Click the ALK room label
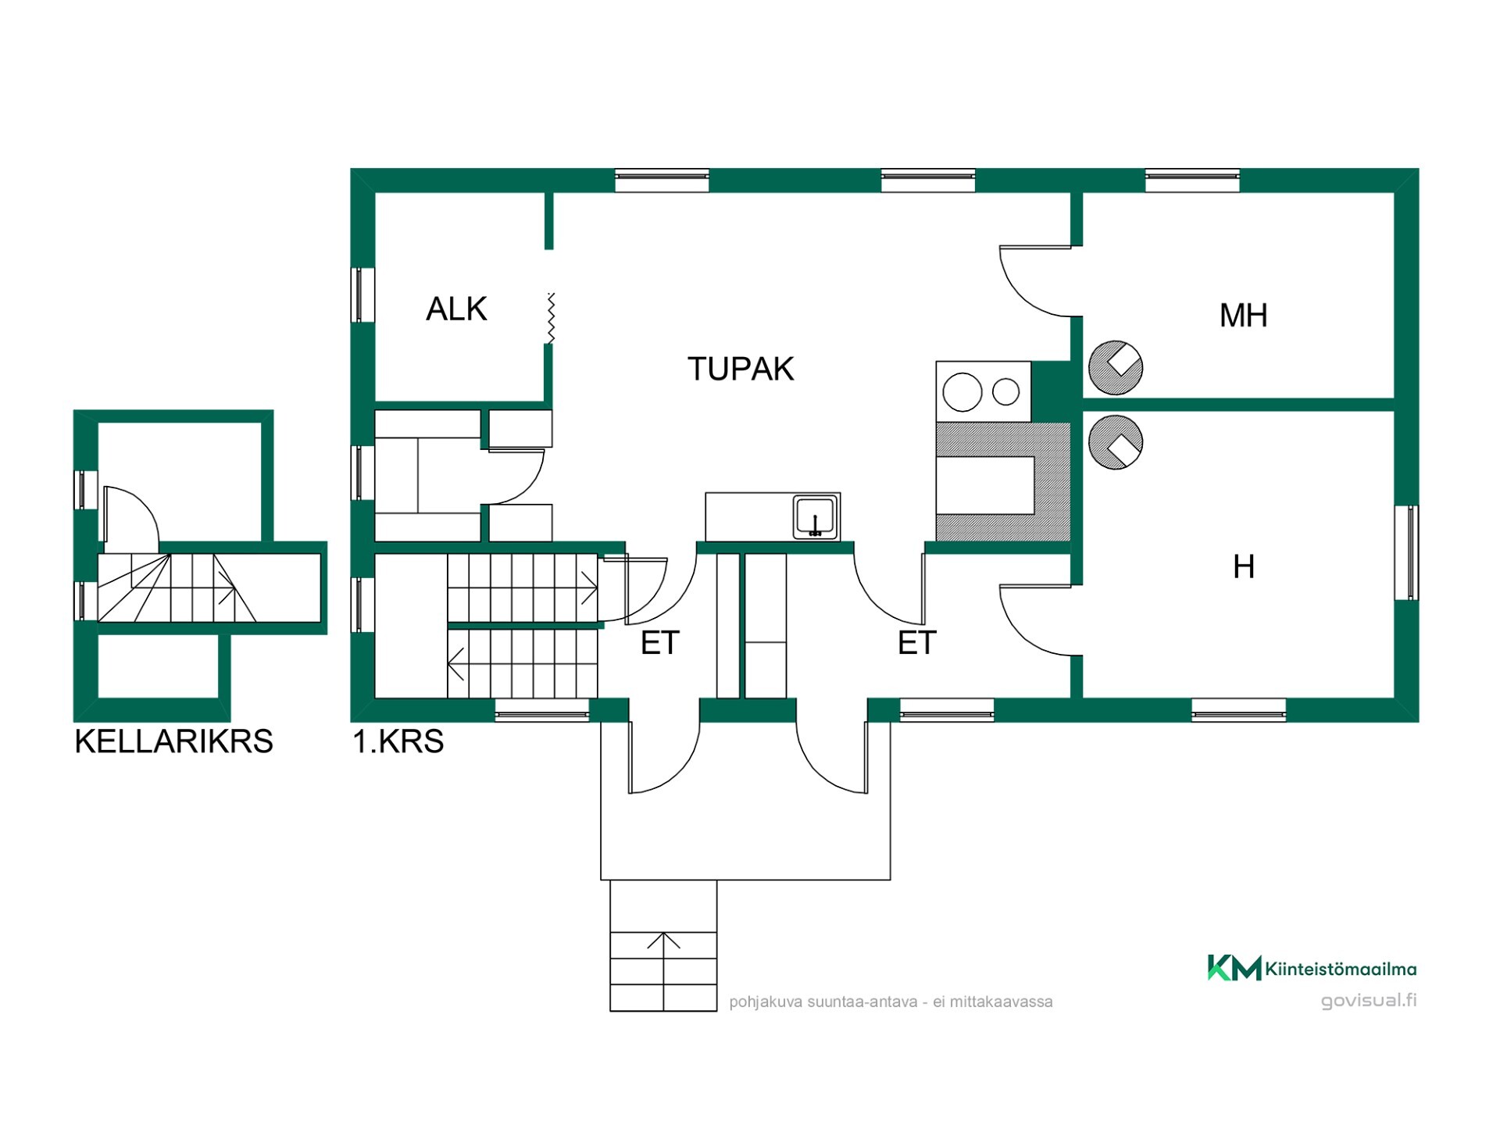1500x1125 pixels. (456, 309)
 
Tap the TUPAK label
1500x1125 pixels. (741, 369)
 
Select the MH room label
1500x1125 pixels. (1243, 316)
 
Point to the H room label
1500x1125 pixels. (1244, 567)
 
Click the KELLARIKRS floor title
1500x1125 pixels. (173, 741)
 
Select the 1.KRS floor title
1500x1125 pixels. (398, 741)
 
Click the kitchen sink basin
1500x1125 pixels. (816, 516)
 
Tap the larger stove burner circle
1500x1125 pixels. (962, 392)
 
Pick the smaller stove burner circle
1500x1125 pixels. (1006, 392)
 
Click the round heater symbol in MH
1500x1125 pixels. (1116, 367)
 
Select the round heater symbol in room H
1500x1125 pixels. (1116, 442)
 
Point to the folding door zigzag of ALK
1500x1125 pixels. (551, 318)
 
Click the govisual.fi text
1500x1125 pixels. (1369, 1001)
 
